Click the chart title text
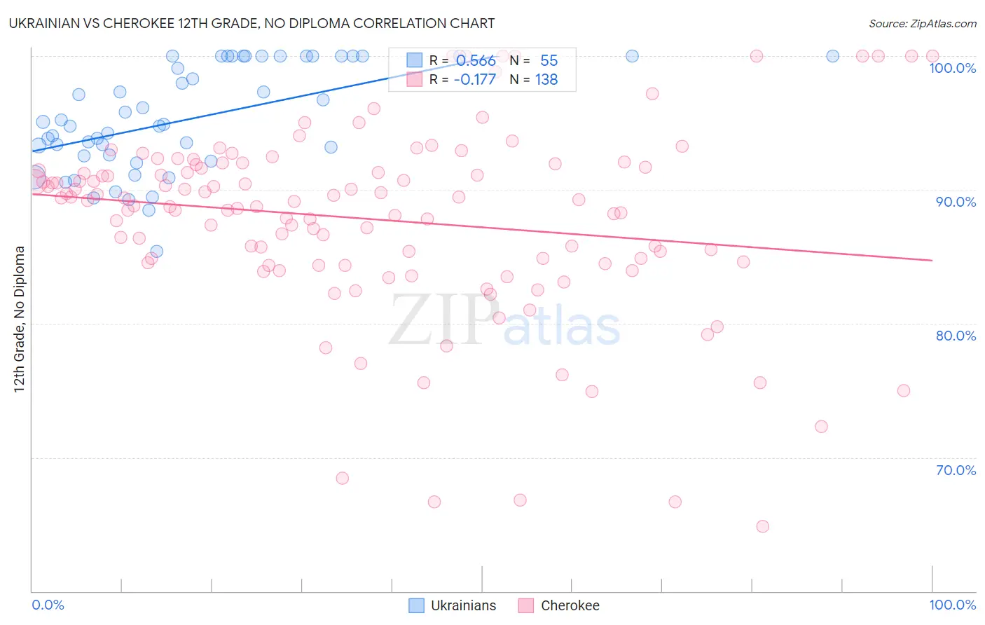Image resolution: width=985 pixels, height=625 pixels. coord(252,23)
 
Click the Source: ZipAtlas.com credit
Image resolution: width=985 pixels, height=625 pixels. coord(922,23)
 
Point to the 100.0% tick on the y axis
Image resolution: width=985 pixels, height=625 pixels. coord(952,68)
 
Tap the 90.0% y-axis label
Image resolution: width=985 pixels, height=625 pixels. coord(956,202)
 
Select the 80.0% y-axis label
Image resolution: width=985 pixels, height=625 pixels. coord(956,336)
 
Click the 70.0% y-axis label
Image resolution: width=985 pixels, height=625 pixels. coord(956,470)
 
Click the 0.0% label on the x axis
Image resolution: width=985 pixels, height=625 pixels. coord(48,605)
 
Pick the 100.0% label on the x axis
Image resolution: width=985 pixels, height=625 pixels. coord(952,605)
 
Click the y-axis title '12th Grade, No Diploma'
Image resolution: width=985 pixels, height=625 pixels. coord(20,319)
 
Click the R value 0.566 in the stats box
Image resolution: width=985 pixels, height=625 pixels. coord(476,61)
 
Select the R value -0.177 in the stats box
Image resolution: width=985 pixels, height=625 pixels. coord(474,80)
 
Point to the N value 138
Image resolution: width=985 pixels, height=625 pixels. coord(546,80)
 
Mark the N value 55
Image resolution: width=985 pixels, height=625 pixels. coord(549,61)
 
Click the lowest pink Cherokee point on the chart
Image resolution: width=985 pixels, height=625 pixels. coord(762,526)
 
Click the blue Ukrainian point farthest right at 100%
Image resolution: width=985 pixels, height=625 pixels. coord(832,56)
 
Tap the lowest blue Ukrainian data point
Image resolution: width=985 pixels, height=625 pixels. coord(157,251)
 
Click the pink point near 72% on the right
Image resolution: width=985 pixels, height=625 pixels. coord(821,427)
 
